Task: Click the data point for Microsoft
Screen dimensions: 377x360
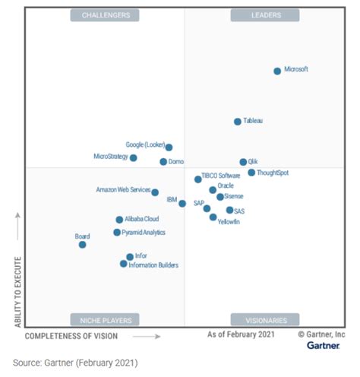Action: click(277, 71)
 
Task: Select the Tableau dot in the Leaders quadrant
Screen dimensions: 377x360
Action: click(238, 122)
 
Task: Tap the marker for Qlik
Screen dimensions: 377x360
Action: click(243, 162)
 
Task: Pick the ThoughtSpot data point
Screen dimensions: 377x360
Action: click(251, 173)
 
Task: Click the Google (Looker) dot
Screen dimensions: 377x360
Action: click(169, 147)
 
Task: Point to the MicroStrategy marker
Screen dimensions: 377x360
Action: click(134, 158)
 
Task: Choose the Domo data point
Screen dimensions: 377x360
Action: click(163, 162)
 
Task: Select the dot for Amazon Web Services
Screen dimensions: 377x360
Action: click(155, 192)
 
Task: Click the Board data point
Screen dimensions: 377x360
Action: click(82, 245)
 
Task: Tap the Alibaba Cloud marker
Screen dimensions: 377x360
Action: click(119, 220)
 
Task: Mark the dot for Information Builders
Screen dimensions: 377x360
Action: click(123, 264)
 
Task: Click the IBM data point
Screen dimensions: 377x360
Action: click(182, 203)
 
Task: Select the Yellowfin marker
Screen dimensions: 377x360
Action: click(213, 217)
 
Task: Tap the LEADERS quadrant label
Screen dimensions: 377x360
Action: click(265, 15)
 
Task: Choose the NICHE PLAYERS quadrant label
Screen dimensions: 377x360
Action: click(106, 319)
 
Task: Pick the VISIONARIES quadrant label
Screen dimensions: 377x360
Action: click(265, 319)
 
